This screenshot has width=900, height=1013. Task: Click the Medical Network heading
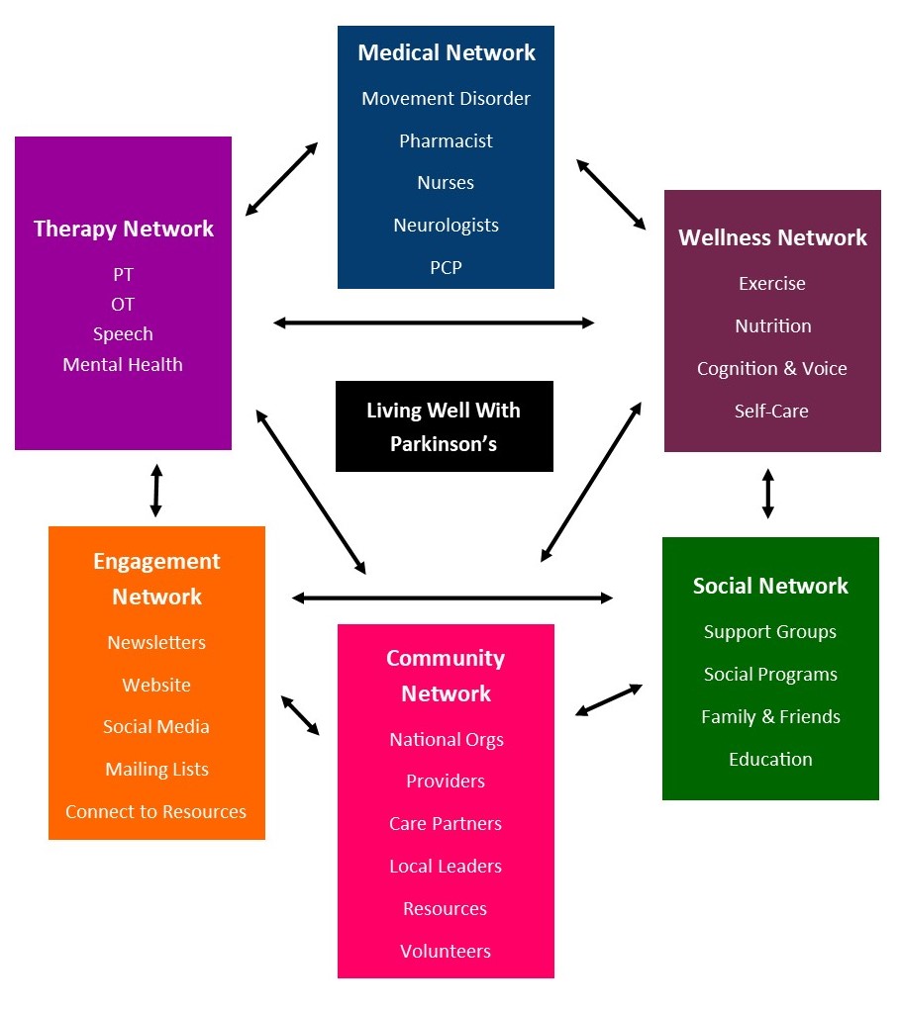pyautogui.click(x=446, y=52)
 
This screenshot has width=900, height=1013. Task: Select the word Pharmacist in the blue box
pyautogui.click(x=446, y=140)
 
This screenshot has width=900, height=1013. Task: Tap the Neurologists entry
pyautogui.click(x=446, y=226)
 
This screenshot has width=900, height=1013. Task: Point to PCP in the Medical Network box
pyautogui.click(x=446, y=268)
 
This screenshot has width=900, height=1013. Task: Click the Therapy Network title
pyautogui.click(x=124, y=229)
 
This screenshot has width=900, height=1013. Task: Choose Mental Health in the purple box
pyautogui.click(x=123, y=365)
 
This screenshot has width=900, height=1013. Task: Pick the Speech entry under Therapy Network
pyautogui.click(x=123, y=334)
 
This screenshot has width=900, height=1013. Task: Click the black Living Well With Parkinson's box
pyautogui.click(x=444, y=426)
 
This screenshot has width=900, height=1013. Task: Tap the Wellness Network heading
pyautogui.click(x=772, y=237)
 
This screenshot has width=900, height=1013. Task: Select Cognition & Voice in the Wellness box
pyautogui.click(x=772, y=369)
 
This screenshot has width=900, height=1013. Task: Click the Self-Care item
pyautogui.click(x=771, y=412)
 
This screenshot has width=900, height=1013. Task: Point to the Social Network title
pyautogui.click(x=770, y=586)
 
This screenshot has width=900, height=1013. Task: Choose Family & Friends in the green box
pyautogui.click(x=770, y=717)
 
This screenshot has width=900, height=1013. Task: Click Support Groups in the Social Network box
pyautogui.click(x=770, y=632)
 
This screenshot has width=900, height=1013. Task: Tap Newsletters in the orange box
pyautogui.click(x=156, y=643)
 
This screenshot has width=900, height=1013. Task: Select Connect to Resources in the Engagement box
pyautogui.click(x=156, y=812)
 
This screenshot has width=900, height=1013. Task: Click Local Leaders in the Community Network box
pyautogui.click(x=446, y=867)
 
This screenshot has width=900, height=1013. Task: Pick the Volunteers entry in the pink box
pyautogui.click(x=446, y=952)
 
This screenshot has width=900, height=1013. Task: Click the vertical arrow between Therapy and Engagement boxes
pyautogui.click(x=155, y=490)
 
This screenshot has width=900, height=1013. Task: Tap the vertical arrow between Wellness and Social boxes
pyautogui.click(x=768, y=494)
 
